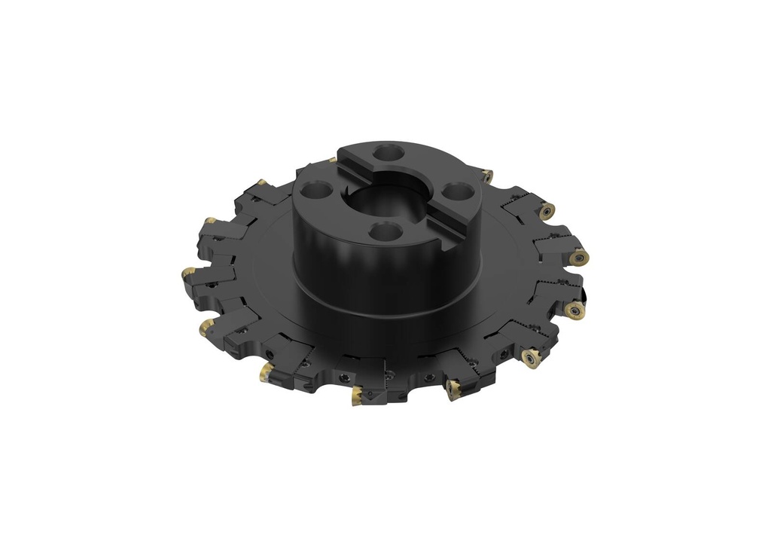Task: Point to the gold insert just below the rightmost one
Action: pos(575,310)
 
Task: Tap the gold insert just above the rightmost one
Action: pos(547,211)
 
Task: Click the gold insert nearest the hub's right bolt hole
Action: pos(487,176)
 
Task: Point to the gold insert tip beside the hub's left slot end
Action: pos(332,160)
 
